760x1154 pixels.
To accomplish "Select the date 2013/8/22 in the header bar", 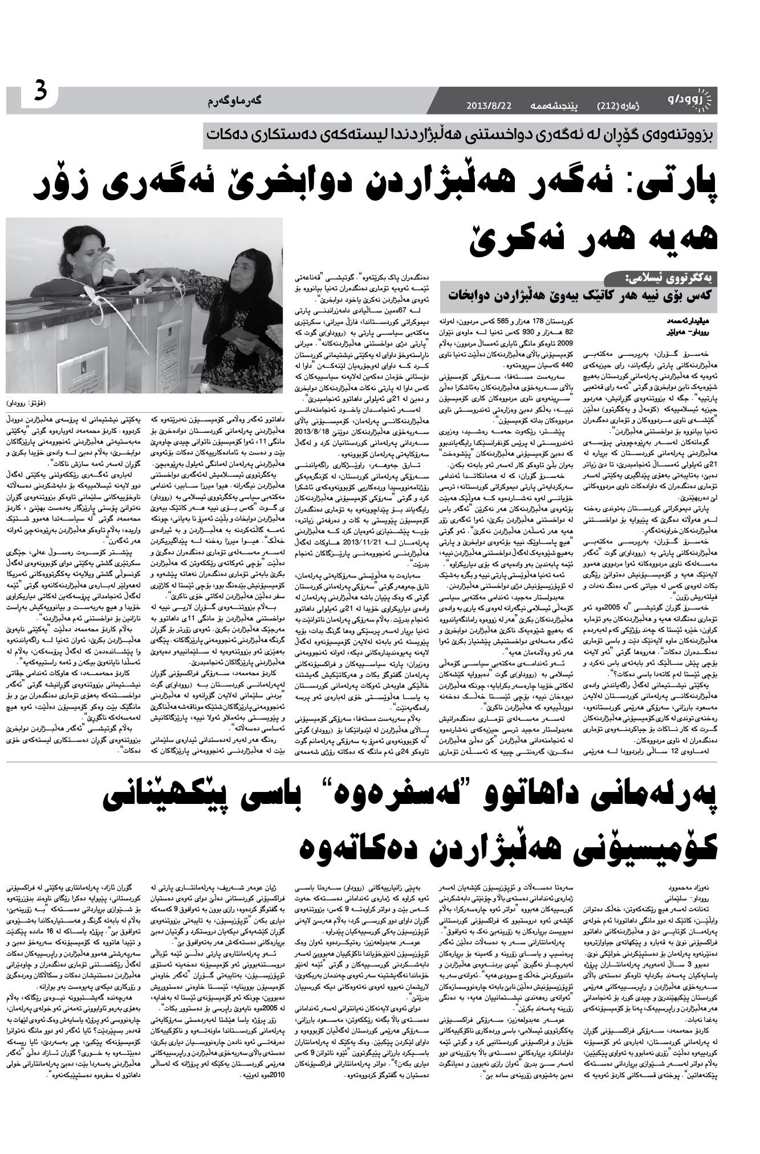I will click(490, 105).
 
